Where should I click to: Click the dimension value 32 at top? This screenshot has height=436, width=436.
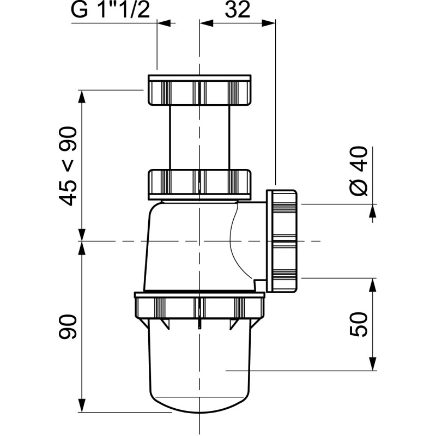(238, 11)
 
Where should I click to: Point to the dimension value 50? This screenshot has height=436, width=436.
(360, 325)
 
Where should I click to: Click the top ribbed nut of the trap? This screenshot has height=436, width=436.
(200, 89)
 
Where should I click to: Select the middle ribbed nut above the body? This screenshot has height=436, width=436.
(200, 183)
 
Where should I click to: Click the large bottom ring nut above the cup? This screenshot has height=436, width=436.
(199, 306)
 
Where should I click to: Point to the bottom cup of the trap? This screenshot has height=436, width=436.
(199, 371)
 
